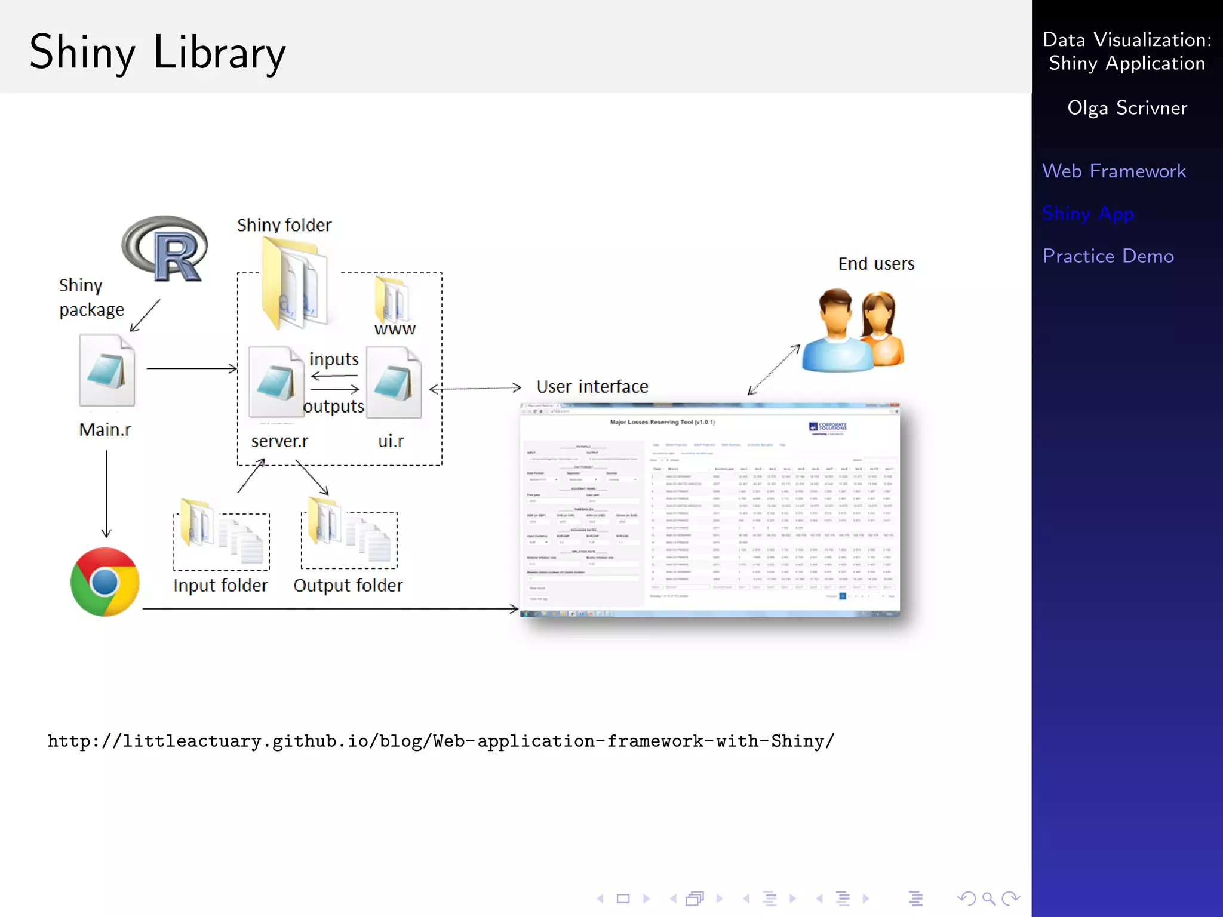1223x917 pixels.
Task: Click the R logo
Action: coord(165,249)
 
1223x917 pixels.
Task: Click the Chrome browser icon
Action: coord(105,582)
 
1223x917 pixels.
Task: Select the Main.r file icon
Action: coord(107,370)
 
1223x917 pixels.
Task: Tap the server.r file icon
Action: coord(276,382)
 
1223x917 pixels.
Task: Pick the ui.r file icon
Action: coord(394,383)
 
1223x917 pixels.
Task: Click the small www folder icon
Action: coord(392,299)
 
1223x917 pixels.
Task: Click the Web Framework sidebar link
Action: coord(1114,171)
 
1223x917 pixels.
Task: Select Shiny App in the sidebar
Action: coord(1087,214)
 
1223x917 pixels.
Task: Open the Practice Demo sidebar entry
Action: coord(1108,256)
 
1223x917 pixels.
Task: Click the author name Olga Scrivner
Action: coord(1127,108)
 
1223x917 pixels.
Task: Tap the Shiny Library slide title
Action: coord(158,53)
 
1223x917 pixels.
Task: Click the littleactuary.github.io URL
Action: coord(441,741)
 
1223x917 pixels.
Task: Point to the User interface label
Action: coord(592,387)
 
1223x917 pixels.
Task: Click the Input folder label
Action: coord(220,586)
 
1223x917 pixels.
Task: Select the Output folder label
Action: coord(348,586)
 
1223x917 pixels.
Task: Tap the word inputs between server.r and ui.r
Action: coord(334,359)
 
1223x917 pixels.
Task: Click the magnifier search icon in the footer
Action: coord(988,898)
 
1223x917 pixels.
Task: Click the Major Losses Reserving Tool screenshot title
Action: coord(662,422)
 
